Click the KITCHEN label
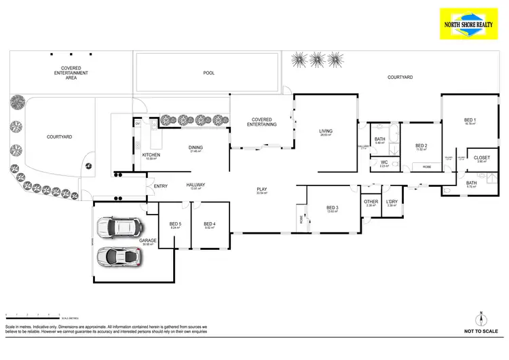coord(151,156)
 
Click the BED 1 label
coord(470,120)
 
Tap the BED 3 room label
coord(332,208)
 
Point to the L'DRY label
coord(392,202)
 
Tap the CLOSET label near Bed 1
coord(482,158)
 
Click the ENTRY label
coord(161,186)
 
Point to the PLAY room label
coord(262,190)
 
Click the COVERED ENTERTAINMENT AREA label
coord(76,73)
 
